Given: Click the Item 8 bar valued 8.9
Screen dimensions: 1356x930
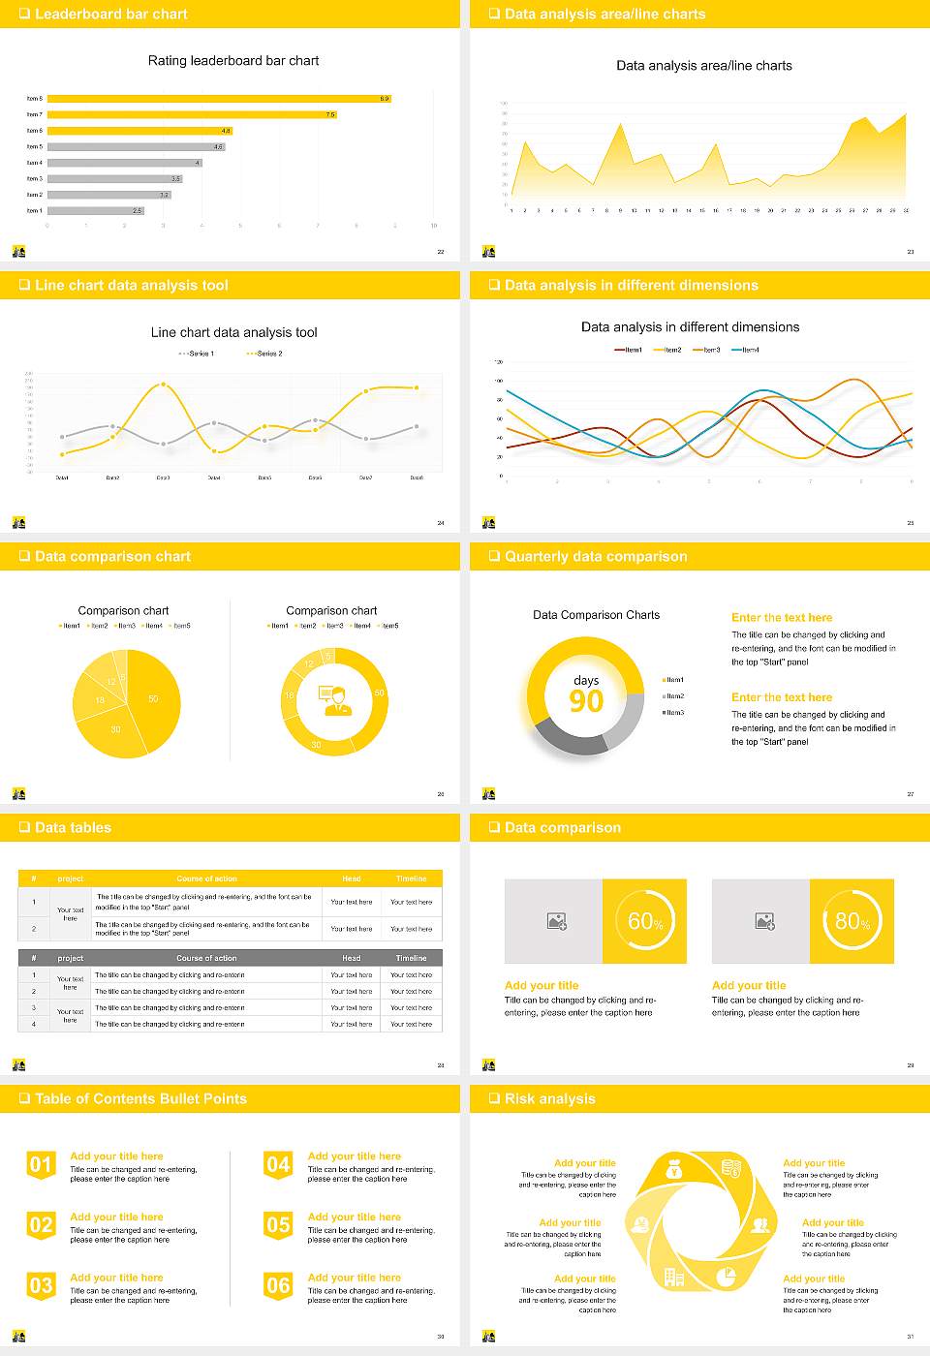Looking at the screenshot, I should tap(218, 99).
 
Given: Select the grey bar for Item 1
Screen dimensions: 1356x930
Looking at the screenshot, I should tap(95, 210).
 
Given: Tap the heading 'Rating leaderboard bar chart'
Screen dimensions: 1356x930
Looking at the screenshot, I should tap(233, 60).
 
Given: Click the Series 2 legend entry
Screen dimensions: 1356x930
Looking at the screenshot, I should tap(265, 354).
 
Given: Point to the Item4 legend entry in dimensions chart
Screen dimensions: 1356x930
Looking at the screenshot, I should tap(746, 350).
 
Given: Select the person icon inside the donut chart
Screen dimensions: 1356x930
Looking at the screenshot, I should tap(334, 700).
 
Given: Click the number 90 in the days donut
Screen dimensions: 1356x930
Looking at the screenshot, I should tap(586, 701).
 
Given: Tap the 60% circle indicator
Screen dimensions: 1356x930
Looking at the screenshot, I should tap(645, 921).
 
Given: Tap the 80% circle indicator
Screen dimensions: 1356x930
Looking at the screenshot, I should tap(852, 921).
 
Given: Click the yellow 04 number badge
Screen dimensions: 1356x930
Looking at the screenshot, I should tap(278, 1165).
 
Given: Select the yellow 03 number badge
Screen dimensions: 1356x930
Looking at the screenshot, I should tap(41, 1286).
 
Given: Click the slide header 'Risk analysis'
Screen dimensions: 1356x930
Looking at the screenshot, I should tap(549, 1098).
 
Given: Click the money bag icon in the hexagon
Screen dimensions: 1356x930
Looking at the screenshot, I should tap(674, 1171).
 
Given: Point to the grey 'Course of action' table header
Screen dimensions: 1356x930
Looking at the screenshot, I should tap(206, 958).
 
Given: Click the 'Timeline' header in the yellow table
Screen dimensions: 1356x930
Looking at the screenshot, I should tap(411, 878).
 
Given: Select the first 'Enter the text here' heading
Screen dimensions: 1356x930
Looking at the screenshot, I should tap(781, 617).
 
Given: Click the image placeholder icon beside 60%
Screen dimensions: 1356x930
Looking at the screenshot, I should tap(556, 921).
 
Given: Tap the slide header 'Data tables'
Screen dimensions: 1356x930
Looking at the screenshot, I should tap(73, 827).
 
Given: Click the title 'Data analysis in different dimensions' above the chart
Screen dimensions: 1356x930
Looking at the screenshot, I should tap(690, 327).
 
